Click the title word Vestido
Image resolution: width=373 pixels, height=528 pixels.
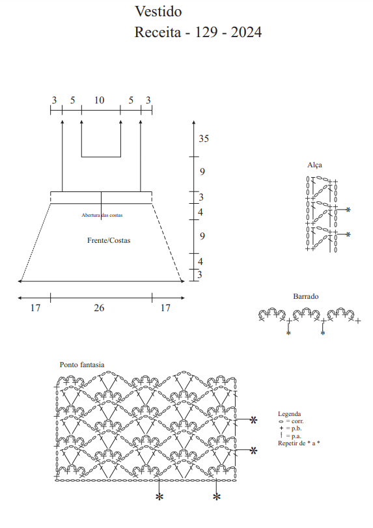click(x=158, y=12)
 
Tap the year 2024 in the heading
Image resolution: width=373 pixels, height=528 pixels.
click(x=246, y=33)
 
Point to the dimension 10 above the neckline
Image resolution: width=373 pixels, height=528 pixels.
click(x=100, y=100)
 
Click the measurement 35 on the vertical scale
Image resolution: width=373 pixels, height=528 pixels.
click(x=204, y=139)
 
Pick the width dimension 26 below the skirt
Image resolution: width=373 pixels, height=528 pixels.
click(x=99, y=308)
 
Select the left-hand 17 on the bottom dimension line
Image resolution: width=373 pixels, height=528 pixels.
click(x=35, y=308)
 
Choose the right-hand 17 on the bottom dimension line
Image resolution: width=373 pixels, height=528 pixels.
click(x=165, y=308)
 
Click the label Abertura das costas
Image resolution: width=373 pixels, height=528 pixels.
click(x=102, y=215)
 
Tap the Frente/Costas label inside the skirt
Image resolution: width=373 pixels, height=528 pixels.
click(x=109, y=240)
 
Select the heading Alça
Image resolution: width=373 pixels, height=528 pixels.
click(x=315, y=165)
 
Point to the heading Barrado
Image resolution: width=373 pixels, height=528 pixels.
click(x=306, y=296)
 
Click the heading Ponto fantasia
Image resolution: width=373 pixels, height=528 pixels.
click(x=82, y=365)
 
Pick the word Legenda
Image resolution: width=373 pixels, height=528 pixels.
click(x=290, y=414)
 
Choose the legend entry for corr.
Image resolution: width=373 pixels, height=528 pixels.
click(x=291, y=421)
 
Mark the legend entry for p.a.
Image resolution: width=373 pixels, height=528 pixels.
click(x=290, y=436)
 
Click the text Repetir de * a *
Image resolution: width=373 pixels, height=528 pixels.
click(x=299, y=443)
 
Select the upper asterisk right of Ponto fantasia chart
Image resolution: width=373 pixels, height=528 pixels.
click(x=253, y=420)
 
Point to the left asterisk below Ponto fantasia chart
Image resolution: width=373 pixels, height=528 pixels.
click(x=159, y=497)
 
